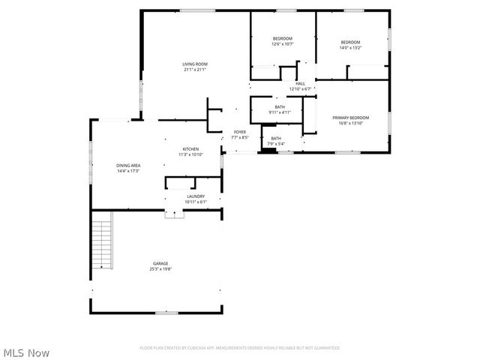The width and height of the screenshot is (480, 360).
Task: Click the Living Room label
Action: point(195,64)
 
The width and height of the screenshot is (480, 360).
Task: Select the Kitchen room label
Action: point(190,149)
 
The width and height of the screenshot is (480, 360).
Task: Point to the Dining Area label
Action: point(128,165)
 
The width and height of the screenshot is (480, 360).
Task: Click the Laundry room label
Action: point(196,196)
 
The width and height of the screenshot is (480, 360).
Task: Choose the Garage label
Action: point(160,263)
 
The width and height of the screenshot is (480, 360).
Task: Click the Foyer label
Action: point(239,132)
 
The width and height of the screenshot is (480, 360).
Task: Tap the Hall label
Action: point(300,83)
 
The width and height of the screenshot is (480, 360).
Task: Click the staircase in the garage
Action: point(101,240)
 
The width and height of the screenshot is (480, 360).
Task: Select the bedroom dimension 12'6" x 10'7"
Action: point(282,44)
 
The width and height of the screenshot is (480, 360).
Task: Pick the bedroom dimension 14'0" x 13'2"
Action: point(351,48)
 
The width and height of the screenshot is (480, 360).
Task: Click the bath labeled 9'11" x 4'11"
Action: point(280,112)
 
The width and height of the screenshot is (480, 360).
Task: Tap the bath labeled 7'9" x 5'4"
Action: point(276,144)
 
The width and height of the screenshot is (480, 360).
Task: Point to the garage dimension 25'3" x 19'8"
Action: point(160,268)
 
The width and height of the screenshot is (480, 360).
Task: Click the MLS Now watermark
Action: point(27,352)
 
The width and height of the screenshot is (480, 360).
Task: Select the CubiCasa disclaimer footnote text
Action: point(240,348)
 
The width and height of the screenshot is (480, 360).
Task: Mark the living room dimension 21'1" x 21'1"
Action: point(195,70)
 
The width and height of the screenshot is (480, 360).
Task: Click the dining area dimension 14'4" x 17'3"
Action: point(128,171)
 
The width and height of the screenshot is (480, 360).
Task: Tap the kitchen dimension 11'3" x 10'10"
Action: point(190,154)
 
